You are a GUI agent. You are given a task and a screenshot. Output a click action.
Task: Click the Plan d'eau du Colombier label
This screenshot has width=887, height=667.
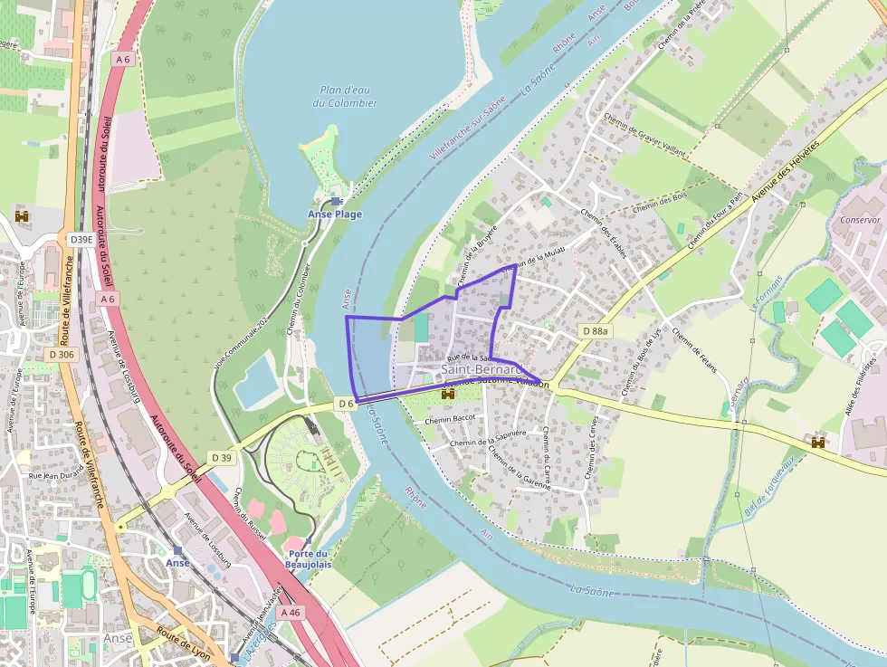(x=345, y=96)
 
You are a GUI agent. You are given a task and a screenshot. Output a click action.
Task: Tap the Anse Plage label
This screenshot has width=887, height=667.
(x=335, y=214)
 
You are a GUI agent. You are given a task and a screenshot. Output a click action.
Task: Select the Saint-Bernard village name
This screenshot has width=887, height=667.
(x=482, y=369)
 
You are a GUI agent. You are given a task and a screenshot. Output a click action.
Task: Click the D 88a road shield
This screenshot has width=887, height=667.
(x=596, y=331)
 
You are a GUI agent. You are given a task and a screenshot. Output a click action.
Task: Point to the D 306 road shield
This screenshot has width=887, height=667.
(x=62, y=354)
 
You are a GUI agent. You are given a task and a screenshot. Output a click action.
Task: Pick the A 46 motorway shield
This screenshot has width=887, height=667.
(x=290, y=613)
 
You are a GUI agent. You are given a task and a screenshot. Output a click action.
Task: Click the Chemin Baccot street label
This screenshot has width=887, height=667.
(x=450, y=419)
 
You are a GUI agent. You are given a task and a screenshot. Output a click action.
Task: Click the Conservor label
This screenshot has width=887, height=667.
(x=860, y=220)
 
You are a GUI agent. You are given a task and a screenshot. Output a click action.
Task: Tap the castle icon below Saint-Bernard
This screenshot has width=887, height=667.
(x=447, y=395)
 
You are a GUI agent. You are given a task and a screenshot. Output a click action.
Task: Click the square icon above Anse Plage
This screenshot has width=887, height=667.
(x=336, y=201)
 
